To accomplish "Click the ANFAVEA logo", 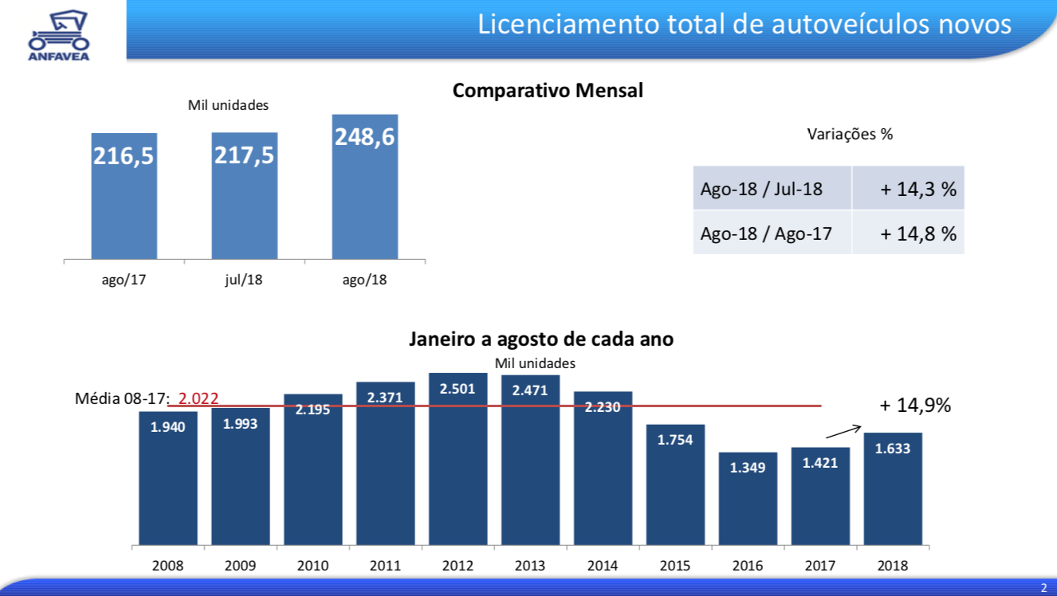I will [x=59, y=35].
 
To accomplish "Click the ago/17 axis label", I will [x=124, y=280].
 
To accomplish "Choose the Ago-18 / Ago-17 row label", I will [x=766, y=233].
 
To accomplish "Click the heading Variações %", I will [x=850, y=134].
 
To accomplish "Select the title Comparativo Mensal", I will [x=548, y=90].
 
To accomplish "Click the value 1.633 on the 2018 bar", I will [x=892, y=449].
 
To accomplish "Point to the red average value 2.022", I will [x=198, y=398].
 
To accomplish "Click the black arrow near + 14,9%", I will [x=843, y=431].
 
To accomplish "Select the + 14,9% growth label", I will [x=915, y=405].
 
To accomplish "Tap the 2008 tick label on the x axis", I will [x=167, y=566].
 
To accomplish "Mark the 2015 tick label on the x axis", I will [x=675, y=566].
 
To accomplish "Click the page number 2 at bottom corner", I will [x=1043, y=587].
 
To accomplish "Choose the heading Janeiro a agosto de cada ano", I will [x=541, y=339].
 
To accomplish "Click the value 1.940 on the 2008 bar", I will [x=167, y=427].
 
